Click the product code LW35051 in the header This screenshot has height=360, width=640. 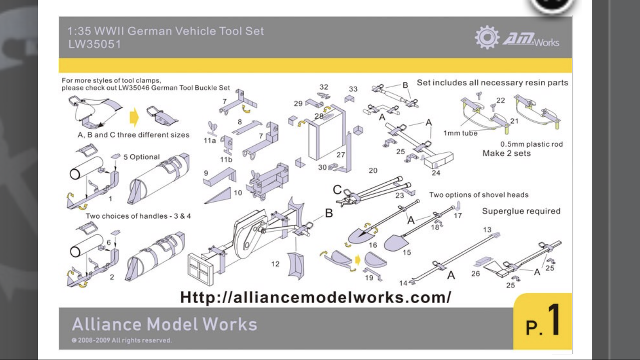(95, 44)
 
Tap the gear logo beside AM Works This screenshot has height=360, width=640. (487, 37)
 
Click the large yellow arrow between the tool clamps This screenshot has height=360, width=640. (134, 117)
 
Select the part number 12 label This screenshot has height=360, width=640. (275, 264)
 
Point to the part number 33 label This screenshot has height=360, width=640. (353, 89)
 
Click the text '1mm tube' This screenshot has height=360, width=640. (460, 133)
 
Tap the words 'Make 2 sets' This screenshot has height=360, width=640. (507, 153)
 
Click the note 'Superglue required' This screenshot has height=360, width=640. (521, 211)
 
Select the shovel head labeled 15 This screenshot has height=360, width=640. (396, 243)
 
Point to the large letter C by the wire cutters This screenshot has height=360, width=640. (337, 190)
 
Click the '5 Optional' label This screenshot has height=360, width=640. (141, 157)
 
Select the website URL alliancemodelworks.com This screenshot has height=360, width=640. (315, 297)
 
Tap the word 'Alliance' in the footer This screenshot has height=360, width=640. (107, 324)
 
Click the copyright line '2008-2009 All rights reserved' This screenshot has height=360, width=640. (125, 340)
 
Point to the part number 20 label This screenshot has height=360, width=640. (373, 171)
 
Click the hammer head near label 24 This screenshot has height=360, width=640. (439, 160)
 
